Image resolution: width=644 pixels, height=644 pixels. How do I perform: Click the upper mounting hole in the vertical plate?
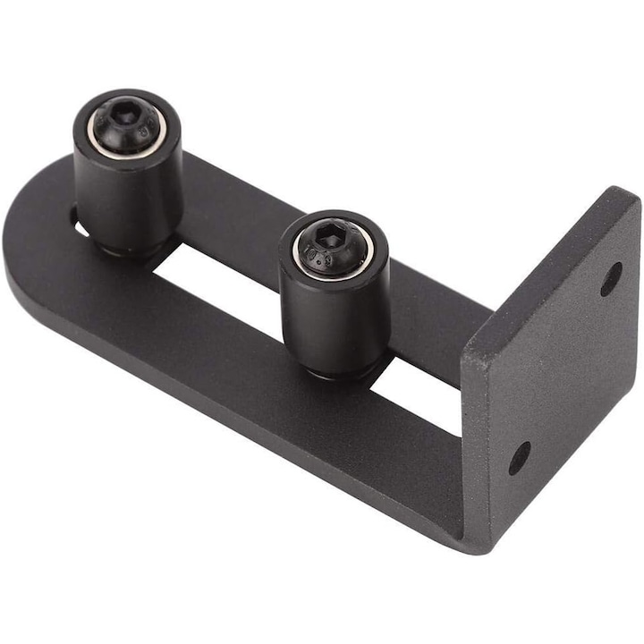pyautogui.click(x=611, y=278)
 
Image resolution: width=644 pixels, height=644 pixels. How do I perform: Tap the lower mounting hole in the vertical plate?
pyautogui.click(x=519, y=458)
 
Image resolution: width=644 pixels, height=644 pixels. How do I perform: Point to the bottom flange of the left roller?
pyautogui.click(x=134, y=251)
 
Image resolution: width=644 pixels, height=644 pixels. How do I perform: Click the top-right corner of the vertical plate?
pyautogui.click(x=631, y=199)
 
